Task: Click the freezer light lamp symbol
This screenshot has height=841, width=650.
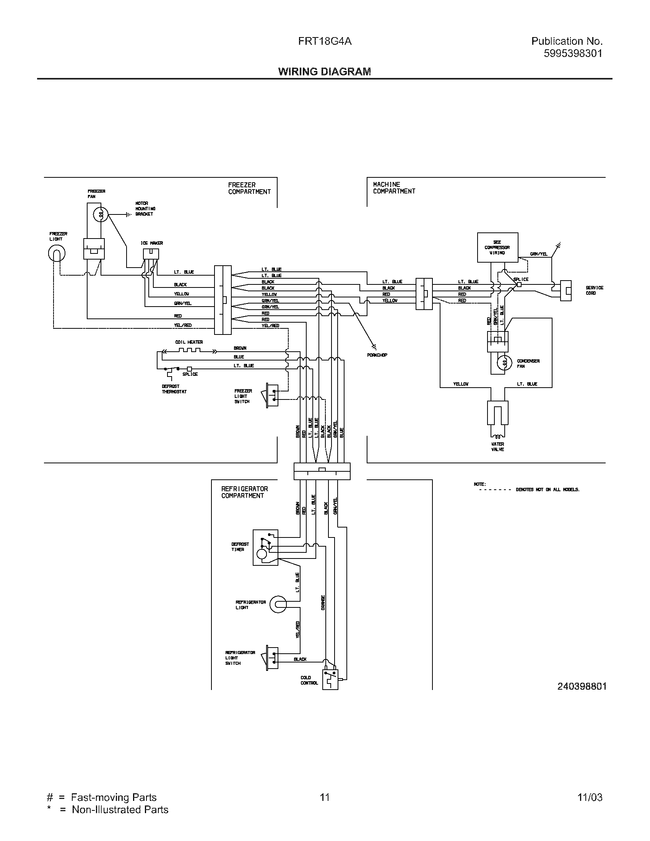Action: tap(57, 253)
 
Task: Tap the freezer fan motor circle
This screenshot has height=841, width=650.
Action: tap(101, 215)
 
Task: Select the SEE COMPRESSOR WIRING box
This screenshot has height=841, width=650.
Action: tap(497, 248)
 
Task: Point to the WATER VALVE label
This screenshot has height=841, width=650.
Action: tap(497, 446)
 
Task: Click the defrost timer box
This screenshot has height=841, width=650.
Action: tap(265, 547)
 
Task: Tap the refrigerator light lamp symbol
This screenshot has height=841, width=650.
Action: tap(278, 605)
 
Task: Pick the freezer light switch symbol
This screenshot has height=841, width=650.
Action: tap(271, 396)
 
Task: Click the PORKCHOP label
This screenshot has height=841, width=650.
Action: tap(377, 355)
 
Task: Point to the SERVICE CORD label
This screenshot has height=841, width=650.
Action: tap(595, 291)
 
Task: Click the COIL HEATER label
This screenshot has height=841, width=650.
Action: tap(188, 342)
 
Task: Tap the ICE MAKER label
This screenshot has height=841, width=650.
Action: tap(151, 243)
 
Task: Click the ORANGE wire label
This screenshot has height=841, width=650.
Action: tap(323, 602)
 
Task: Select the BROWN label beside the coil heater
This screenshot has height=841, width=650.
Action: tap(240, 348)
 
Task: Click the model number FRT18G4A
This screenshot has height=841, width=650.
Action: tap(325, 41)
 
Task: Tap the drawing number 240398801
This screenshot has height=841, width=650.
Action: tap(582, 686)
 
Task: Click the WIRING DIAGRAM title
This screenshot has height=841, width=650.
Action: tap(325, 71)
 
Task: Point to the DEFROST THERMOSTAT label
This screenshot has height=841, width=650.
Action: tap(174, 389)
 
